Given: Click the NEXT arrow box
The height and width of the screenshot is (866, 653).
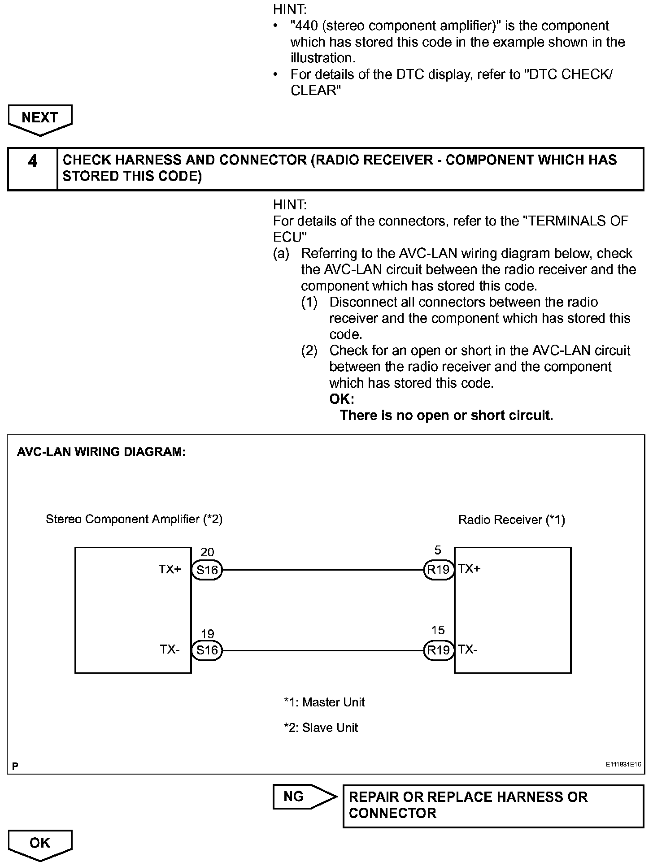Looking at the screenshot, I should coord(40,118).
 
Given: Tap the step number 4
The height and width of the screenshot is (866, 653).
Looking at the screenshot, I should coord(33,161).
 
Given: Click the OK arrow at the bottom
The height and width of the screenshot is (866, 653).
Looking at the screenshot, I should coord(40,843).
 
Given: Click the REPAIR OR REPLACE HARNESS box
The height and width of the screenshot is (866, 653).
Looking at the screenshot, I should coord(493,805).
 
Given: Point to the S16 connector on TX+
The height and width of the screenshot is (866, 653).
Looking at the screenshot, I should coord(207,570).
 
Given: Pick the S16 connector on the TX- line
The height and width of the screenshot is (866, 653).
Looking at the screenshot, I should coord(207,650).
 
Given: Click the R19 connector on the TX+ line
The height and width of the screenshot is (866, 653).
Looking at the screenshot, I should coord(438,570).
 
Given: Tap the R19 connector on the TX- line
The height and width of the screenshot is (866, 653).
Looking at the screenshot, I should coord(438,650).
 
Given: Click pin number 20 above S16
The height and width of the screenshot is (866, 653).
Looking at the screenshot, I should coord(207,552).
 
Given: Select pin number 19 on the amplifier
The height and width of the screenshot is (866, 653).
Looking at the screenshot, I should coord(207,634).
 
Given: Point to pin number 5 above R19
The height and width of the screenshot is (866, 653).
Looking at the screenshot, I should coord(438,550).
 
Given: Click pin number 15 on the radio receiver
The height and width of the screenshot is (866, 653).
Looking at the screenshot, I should coord(438,630).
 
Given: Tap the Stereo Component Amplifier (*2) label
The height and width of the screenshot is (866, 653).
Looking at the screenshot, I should coord(134,519).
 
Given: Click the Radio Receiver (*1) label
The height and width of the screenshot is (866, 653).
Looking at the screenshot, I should coord(511,520).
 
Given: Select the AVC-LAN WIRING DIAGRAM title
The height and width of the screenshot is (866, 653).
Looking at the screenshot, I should coord(101,452).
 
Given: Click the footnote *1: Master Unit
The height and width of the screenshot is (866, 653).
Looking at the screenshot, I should coord(324,702).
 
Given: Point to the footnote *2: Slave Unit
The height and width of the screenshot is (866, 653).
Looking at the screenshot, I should coord(321,727).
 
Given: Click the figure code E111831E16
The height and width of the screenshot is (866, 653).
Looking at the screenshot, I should coord(623,765).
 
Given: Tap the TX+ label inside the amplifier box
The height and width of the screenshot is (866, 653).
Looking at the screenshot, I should coord(170,569).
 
